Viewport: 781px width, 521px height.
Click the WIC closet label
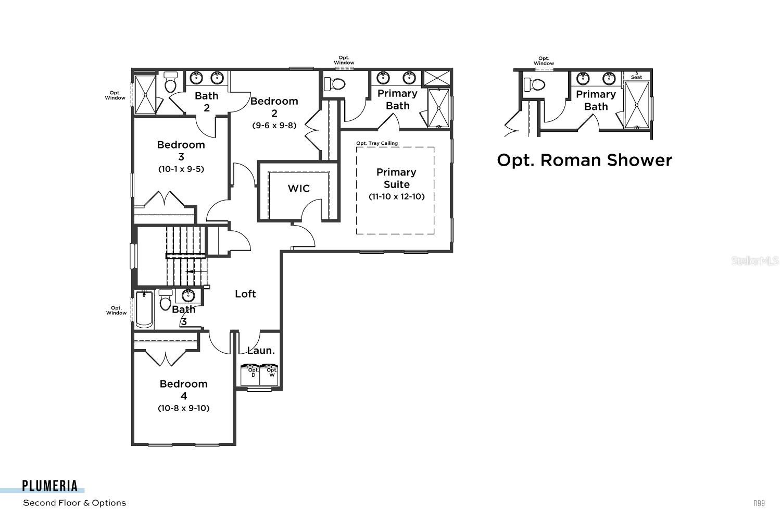tap(298, 189)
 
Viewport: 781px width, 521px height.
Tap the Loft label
tap(245, 294)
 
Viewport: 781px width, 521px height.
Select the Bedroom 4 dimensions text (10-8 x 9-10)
tap(184, 408)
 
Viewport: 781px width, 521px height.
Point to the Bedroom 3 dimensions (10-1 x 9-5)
tap(181, 169)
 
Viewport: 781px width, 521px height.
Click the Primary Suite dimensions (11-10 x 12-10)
tap(396, 197)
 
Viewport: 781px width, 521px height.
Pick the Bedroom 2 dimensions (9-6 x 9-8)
tap(274, 126)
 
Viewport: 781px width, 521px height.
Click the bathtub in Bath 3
tap(144, 309)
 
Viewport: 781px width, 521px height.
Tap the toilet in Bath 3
tap(166, 301)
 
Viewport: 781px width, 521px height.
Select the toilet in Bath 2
tap(170, 83)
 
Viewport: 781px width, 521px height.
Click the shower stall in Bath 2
tap(145, 94)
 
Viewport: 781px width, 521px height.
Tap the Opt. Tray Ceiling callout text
tap(377, 143)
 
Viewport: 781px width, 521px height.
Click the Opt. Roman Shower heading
tap(584, 160)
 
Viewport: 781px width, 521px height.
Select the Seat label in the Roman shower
tap(636, 77)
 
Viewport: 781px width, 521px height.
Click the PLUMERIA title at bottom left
tap(50, 486)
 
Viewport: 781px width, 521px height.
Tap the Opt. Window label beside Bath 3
tap(116, 311)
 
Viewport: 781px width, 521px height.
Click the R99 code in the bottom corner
tap(759, 503)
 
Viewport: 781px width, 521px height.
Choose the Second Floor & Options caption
tap(74, 503)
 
